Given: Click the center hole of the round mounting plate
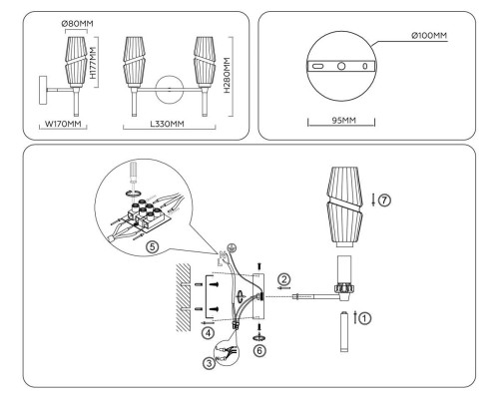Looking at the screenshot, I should pyautogui.click(x=341, y=65).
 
